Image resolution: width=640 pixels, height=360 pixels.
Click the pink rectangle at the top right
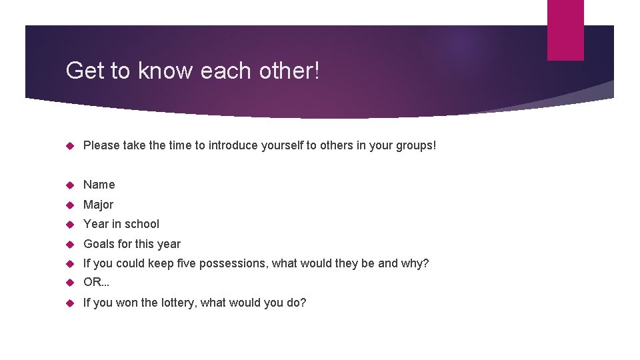pos(565,30)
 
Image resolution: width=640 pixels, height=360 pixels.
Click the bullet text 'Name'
pos(99,185)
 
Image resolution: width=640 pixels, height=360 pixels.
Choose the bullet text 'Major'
pos(98,205)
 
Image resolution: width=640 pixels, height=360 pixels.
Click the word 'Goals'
pos(99,244)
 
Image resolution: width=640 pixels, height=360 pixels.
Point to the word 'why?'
pos(415,263)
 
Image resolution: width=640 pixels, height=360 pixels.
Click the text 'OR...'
pos(96,283)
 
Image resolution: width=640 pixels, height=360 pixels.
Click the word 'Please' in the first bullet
pos(101,145)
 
